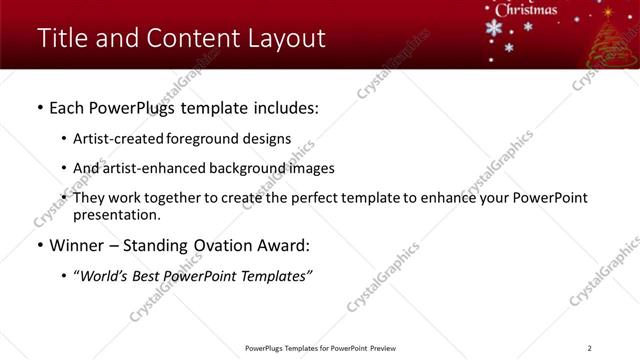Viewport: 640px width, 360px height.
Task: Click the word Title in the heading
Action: tap(61, 39)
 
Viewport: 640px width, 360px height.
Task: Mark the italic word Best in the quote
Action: tap(150, 274)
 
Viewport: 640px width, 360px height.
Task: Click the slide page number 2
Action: tap(590, 348)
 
